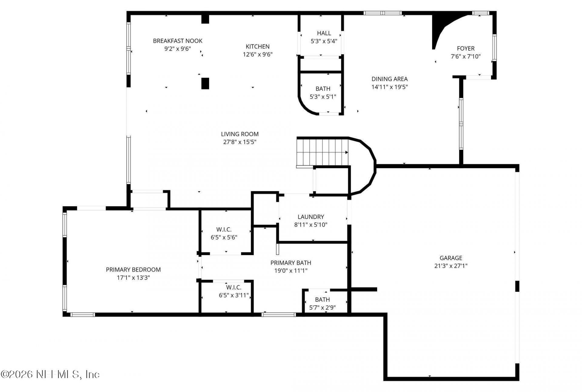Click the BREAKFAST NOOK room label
tap(178, 41)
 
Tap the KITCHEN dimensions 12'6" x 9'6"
tap(257, 55)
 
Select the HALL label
tap(324, 33)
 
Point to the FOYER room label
tap(466, 48)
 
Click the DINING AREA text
tap(390, 79)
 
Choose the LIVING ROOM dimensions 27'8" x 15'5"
tap(240, 142)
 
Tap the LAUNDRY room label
tap(311, 217)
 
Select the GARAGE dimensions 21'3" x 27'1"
tap(451, 266)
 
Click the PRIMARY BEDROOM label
tap(133, 270)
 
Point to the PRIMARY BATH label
tap(291, 263)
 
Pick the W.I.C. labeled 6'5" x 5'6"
tap(224, 234)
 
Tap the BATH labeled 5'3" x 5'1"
tap(323, 93)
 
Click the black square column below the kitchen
tap(205, 83)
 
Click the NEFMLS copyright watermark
tap(50, 374)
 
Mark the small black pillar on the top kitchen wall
tap(205, 19)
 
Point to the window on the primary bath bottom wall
tap(278, 315)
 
